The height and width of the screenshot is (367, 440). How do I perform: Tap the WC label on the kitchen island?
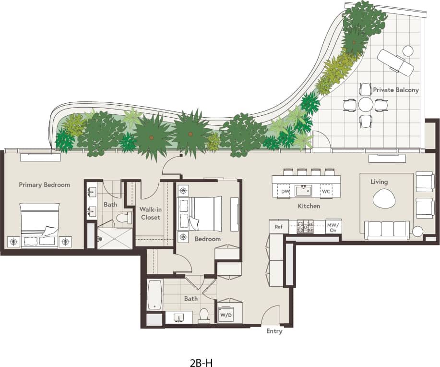tap(326, 192)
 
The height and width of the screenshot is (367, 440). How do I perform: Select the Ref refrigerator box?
tap(279, 226)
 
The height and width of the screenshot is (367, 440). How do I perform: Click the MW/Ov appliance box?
tap(333, 227)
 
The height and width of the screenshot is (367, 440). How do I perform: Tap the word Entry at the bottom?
tap(274, 331)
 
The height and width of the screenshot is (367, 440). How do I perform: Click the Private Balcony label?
tap(396, 90)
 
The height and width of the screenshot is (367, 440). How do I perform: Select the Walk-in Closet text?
tap(150, 213)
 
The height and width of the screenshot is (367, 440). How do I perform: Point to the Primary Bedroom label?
tap(44, 184)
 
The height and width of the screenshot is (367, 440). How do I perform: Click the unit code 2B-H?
tap(201, 362)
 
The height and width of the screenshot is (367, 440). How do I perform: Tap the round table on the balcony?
tap(366, 105)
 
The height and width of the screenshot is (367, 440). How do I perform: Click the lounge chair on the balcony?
tap(395, 62)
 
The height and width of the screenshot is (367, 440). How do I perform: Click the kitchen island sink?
tap(303, 191)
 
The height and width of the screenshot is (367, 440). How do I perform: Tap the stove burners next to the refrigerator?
tap(305, 226)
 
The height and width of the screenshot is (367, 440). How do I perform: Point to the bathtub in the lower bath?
tap(155, 294)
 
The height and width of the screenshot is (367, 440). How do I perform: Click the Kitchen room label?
tap(309, 206)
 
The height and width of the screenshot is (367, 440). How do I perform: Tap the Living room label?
tap(379, 182)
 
